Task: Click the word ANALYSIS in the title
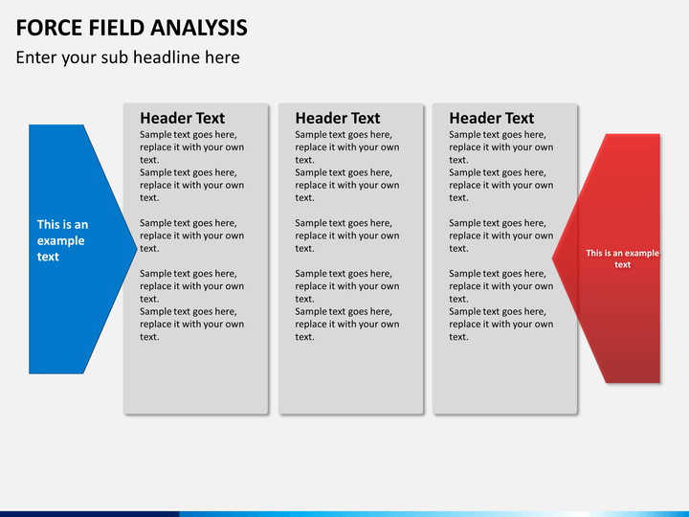[x=199, y=28]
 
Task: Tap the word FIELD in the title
[x=116, y=28]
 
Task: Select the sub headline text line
[x=128, y=57]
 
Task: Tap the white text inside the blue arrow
[x=62, y=240]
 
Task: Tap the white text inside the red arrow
[x=623, y=258]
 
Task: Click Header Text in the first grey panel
[x=183, y=119]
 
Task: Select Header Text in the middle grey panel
[x=338, y=119]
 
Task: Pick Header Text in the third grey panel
[x=491, y=119]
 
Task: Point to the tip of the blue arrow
[x=137, y=249]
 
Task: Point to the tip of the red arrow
[x=552, y=258]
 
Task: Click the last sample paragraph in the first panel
[x=192, y=324]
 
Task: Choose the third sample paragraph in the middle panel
[x=347, y=236]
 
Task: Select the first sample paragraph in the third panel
[x=500, y=147]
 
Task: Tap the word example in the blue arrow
[x=60, y=241]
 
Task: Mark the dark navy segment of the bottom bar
[x=90, y=514]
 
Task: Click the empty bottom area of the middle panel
[x=350, y=378]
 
